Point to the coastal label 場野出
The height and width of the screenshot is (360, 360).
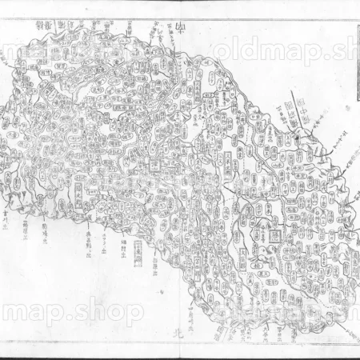pyautogui.click(x=122, y=240)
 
